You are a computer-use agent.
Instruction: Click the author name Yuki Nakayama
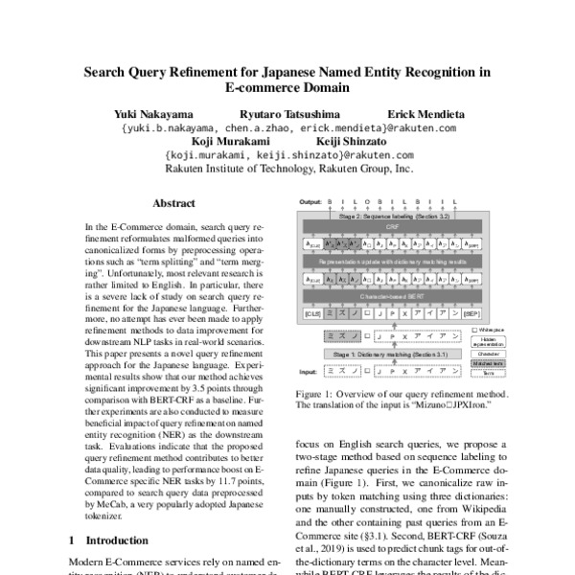point(151,113)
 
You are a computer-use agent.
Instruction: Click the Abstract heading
point(173,203)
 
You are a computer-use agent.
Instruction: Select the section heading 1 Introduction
point(109,540)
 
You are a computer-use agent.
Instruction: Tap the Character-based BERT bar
point(384,298)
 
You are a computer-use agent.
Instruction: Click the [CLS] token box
point(310,312)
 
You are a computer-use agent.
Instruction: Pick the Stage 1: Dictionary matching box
point(383,355)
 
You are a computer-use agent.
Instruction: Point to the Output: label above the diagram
point(310,203)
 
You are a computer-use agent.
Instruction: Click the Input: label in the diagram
point(309,370)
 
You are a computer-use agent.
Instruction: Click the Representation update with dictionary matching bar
point(384,260)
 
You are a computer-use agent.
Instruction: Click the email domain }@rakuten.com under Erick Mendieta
point(423,126)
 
